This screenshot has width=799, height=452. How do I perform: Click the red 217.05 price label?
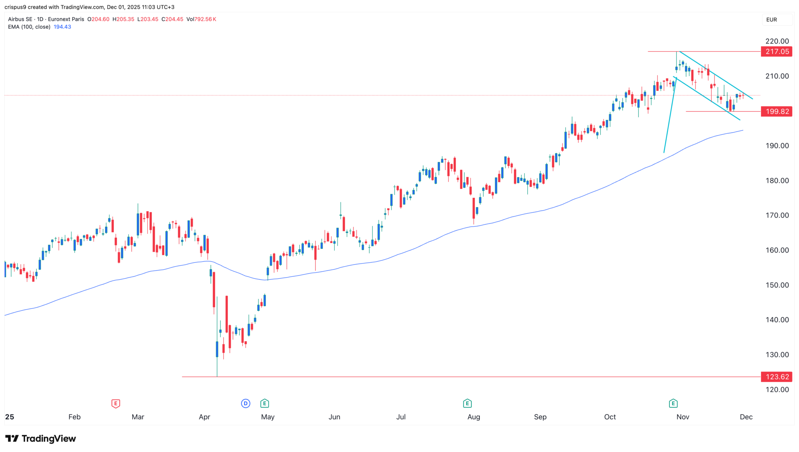tap(776, 52)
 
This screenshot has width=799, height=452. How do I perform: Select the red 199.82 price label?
tap(776, 112)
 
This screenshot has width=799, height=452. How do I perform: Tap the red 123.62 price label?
tap(776, 377)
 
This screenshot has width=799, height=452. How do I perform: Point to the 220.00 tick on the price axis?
tap(777, 41)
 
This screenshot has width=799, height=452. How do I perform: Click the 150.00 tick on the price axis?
tap(777, 285)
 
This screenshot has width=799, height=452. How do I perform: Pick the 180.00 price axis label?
tap(777, 180)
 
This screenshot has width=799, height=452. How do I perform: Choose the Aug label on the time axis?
tap(474, 417)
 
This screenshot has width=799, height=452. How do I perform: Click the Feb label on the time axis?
tap(75, 417)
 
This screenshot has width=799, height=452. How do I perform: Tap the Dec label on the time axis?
tap(746, 417)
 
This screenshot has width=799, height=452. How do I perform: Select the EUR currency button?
tap(772, 20)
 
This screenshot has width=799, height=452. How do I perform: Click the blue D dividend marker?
tap(245, 403)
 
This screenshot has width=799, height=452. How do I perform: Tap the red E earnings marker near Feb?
tap(115, 403)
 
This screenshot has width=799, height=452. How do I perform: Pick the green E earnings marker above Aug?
tap(467, 403)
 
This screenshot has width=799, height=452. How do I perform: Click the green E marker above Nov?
tap(673, 403)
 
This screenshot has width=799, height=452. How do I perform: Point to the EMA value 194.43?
tap(62, 27)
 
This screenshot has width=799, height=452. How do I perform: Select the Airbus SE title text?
tap(20, 19)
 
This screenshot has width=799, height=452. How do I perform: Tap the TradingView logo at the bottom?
tap(41, 439)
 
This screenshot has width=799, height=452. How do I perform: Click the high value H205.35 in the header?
tap(123, 19)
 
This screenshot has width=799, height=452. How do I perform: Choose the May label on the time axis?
tap(268, 417)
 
